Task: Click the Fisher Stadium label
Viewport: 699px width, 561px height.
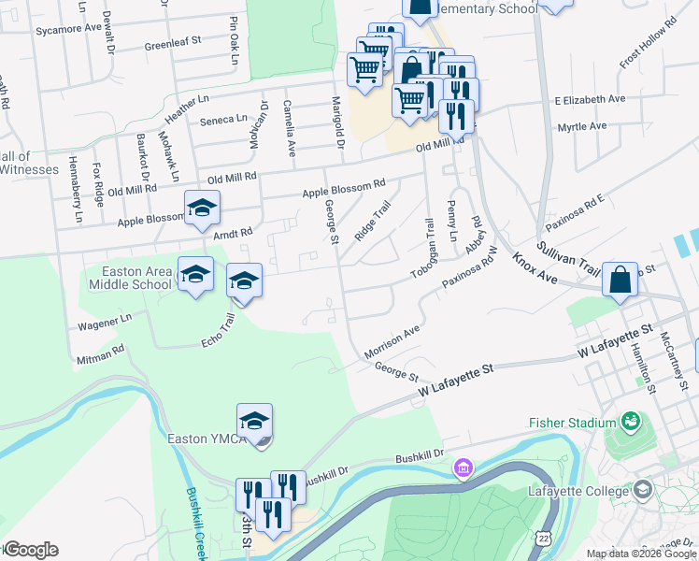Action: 572,423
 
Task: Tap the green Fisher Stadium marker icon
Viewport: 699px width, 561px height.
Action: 633,422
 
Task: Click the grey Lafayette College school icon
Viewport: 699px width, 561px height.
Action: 642,490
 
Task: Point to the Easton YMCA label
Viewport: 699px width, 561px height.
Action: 206,439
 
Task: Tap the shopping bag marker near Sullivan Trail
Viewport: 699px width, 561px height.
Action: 620,280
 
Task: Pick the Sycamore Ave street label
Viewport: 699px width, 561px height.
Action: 67,29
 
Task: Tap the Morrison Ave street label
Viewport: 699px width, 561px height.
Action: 392,341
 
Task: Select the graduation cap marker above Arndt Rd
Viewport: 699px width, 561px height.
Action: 201,209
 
